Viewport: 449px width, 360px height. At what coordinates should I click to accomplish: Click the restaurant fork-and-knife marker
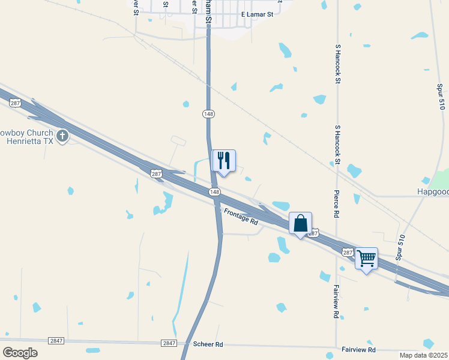coord(224,161)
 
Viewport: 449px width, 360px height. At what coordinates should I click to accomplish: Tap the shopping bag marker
coord(301,223)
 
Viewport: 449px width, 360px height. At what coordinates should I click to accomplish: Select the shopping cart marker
coord(366,259)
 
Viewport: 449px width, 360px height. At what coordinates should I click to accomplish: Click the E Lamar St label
coord(257,14)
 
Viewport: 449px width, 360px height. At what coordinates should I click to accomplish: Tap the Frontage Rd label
coord(241,217)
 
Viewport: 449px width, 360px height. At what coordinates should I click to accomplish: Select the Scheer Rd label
coord(208,344)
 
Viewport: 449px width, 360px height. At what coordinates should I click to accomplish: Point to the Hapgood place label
coord(432,192)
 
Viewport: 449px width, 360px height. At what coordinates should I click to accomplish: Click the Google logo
coord(20,352)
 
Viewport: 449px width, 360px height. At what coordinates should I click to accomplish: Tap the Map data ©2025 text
coord(424,355)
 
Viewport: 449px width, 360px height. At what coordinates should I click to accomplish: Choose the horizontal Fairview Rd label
coord(358,349)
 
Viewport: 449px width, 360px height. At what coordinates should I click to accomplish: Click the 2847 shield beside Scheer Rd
coord(169,343)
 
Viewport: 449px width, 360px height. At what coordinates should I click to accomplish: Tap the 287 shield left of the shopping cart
coord(348,253)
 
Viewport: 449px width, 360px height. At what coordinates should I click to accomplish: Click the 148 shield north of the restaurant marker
coord(208,114)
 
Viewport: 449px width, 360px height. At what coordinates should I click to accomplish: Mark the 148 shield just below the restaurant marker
coord(214,191)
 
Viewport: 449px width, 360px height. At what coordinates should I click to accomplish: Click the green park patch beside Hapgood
coord(442,180)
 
